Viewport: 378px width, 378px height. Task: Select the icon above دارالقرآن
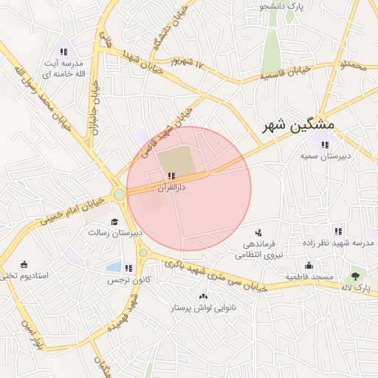click(x=171, y=176)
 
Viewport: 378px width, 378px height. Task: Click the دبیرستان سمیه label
click(x=324, y=157)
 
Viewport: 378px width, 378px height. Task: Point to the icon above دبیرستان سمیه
click(x=324, y=144)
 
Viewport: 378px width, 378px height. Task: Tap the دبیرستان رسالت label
click(x=114, y=233)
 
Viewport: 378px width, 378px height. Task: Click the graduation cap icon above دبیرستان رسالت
click(x=114, y=221)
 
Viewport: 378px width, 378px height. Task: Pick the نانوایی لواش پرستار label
click(x=203, y=307)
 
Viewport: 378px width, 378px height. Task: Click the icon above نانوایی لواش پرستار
click(x=203, y=295)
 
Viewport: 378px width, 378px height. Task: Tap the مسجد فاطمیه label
click(x=307, y=277)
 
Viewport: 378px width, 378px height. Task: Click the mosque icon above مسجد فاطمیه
click(x=308, y=266)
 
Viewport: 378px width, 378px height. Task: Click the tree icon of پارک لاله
click(x=356, y=275)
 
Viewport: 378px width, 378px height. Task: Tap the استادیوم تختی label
click(x=24, y=275)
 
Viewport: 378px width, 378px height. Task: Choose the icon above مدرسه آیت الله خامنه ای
click(x=64, y=52)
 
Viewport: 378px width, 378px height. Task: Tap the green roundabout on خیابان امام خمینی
click(x=119, y=195)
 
